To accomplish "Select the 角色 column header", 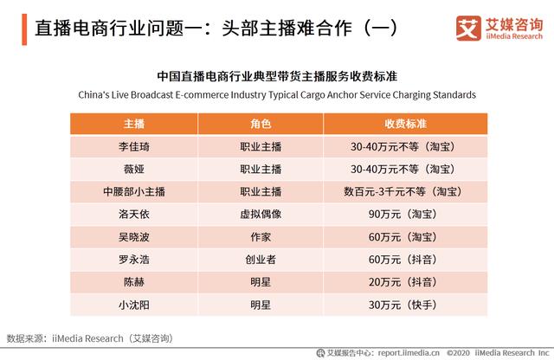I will pos(261,124).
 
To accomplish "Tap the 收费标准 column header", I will pos(401,124).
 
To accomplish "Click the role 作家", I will pos(261,236).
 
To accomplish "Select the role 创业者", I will pos(261,259).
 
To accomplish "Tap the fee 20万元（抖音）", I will pos(401,281).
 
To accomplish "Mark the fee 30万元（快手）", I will pos(401,304).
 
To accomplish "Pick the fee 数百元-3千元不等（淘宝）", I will pos(401,191).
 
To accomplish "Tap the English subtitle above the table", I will pos(277,93).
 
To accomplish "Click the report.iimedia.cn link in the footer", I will pos(407,352).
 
